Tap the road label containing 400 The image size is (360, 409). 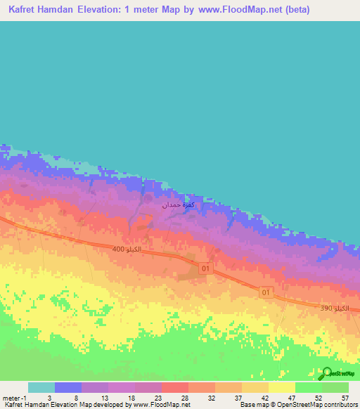pyautogui.click(x=127, y=249)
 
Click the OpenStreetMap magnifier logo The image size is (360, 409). pyautogui.click(x=325, y=373)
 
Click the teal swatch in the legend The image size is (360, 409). pyautogui.click(x=41, y=387)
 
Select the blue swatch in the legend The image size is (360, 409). pyautogui.click(x=67, y=387)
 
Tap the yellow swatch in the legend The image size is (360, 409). pyautogui.click(x=281, y=387)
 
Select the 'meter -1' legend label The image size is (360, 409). pyautogui.click(x=15, y=397)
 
